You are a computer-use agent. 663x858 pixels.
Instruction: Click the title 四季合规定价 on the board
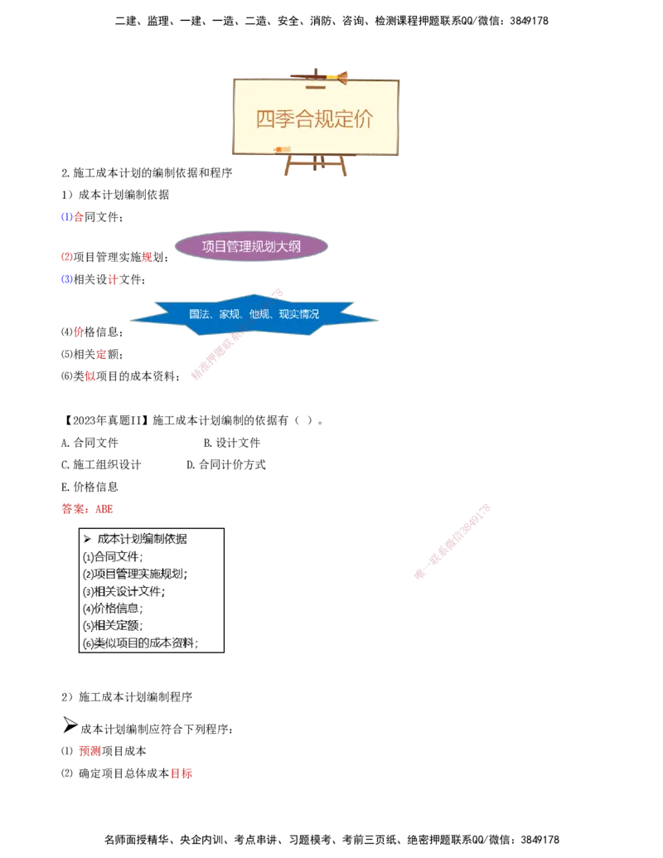coord(315,119)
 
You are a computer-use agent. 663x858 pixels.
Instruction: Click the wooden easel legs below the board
coord(316,166)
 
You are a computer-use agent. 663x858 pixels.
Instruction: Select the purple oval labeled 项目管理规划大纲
coord(252,246)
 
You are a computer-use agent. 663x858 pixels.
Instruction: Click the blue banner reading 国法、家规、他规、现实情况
coord(254,315)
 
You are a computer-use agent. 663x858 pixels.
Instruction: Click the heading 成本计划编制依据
coord(142,539)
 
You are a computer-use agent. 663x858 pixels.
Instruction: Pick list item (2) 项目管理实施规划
coord(135,574)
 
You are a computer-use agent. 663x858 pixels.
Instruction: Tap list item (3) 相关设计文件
coord(124,591)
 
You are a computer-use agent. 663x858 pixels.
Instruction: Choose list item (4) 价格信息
coord(113,608)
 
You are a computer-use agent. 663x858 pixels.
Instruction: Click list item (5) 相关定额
coord(113,626)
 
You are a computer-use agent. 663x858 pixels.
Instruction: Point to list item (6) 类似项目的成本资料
coord(141,643)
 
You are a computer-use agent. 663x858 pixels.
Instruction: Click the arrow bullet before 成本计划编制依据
coord(87,539)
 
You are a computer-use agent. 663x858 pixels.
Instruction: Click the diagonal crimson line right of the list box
coord(452,540)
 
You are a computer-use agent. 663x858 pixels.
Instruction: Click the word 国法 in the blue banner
coord(199,315)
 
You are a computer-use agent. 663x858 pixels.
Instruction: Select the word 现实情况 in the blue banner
coord(299,315)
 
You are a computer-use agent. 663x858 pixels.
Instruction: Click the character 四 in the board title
coord(264,119)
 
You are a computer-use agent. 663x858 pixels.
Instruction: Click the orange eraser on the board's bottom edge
coord(278,149)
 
